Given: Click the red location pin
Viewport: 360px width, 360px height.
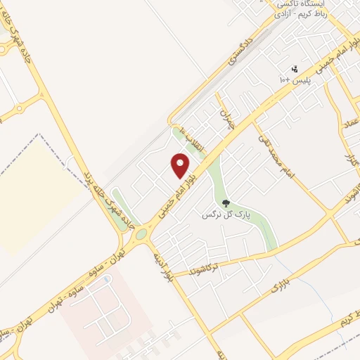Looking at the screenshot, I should pyautogui.click(x=181, y=165).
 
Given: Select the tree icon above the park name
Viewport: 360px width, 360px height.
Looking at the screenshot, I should pyautogui.click(x=226, y=203).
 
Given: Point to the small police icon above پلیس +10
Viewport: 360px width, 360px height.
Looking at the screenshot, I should pyautogui.click(x=295, y=69).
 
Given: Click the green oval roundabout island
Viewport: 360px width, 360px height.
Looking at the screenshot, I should pyautogui.click(x=141, y=233).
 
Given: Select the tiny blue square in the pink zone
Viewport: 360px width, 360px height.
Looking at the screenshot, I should pyautogui.click(x=107, y=278).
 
